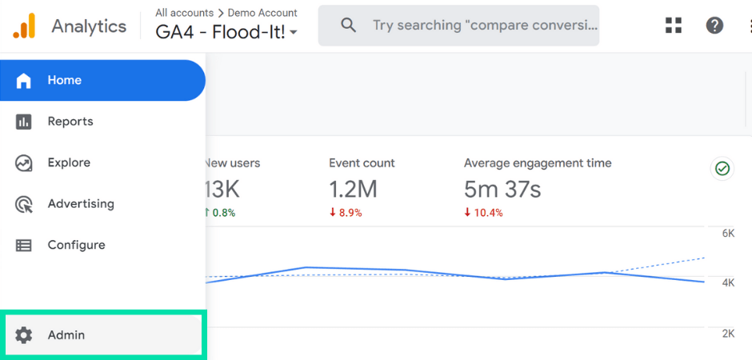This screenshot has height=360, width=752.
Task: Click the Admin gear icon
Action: (x=24, y=335)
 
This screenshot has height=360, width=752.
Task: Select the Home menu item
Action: (x=64, y=80)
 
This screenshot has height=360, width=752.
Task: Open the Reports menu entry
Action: (x=70, y=122)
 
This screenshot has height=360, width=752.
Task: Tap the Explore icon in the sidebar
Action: (x=24, y=163)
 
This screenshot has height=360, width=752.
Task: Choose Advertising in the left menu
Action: (x=80, y=204)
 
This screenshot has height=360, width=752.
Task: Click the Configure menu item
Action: (x=76, y=245)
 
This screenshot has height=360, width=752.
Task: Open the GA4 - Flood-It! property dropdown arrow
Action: (x=294, y=34)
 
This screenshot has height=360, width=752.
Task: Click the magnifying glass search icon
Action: (x=348, y=26)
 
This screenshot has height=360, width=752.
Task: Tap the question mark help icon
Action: (x=714, y=26)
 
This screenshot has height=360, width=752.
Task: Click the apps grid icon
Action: (x=674, y=26)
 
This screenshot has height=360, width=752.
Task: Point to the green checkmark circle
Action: (x=722, y=169)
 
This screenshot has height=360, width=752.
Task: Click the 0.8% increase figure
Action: (x=223, y=213)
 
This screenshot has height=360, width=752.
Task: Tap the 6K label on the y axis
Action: (x=728, y=234)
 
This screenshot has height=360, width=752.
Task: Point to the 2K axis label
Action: (x=728, y=334)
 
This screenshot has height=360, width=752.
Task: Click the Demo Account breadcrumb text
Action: (x=262, y=13)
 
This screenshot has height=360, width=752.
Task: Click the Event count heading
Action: (x=362, y=163)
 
